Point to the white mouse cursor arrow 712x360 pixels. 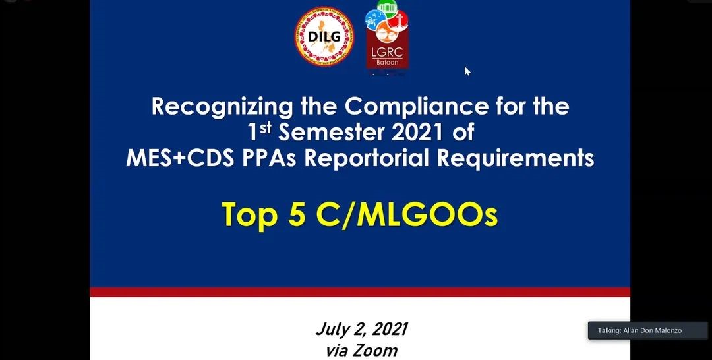467,71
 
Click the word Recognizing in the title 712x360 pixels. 223,107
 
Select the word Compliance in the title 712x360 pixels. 412,106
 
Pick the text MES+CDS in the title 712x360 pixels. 180,158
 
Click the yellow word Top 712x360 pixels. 249,214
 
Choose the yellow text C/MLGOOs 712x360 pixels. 407,214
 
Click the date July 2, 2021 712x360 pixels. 361,330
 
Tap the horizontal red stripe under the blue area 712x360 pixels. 360,292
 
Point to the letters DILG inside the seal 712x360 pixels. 324,36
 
